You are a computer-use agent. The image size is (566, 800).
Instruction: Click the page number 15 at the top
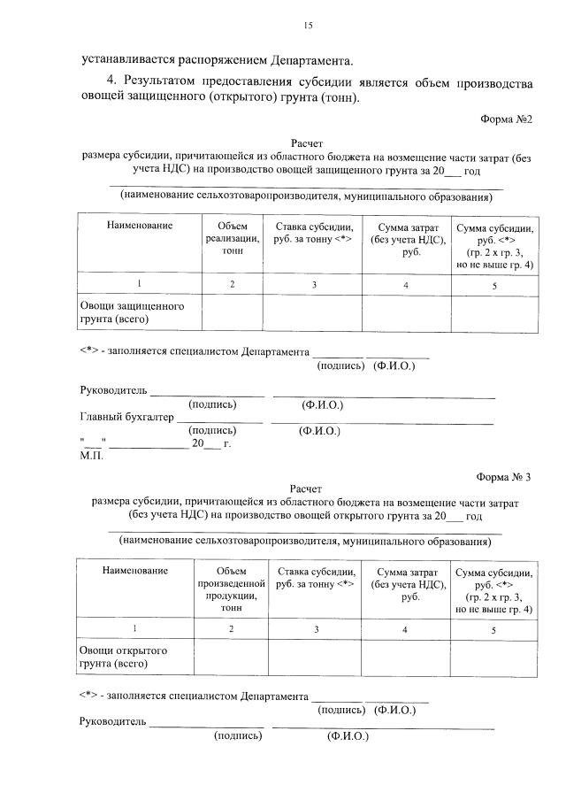point(308,26)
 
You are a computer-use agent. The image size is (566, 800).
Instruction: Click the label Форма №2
point(507,119)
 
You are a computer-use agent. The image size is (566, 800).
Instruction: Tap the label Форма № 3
point(505,477)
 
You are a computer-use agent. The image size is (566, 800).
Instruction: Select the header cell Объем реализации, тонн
point(233,239)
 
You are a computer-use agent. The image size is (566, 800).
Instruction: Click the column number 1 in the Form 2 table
point(139,284)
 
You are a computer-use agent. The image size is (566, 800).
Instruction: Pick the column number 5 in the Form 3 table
point(494,629)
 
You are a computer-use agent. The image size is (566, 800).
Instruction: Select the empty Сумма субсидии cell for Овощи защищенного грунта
point(494,312)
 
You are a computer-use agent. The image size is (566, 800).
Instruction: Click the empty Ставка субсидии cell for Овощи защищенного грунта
point(314,312)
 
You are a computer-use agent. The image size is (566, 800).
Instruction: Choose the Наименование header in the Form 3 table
point(134,571)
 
